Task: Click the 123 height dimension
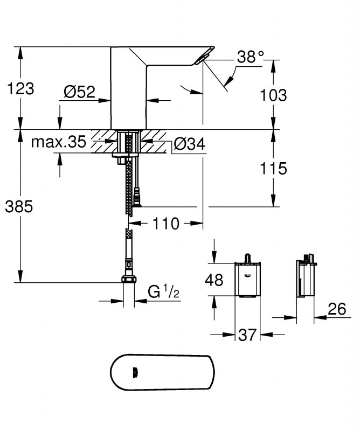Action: pos(20,88)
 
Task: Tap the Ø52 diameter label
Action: pos(79,91)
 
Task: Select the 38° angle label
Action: pos(250,57)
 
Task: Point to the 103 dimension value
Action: pos(273,95)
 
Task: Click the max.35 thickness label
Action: pos(59,142)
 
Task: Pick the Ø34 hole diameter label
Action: pos(190,144)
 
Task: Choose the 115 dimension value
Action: pos(273,168)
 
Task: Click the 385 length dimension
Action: pos(19,206)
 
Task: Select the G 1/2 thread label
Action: pos(164,291)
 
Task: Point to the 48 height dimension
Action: pos(214,280)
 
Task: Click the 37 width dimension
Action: pos(247,335)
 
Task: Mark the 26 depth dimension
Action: pos(337,309)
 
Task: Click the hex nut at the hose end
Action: pos(128,279)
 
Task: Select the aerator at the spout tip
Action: pos(202,59)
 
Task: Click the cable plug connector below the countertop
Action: pos(137,197)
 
